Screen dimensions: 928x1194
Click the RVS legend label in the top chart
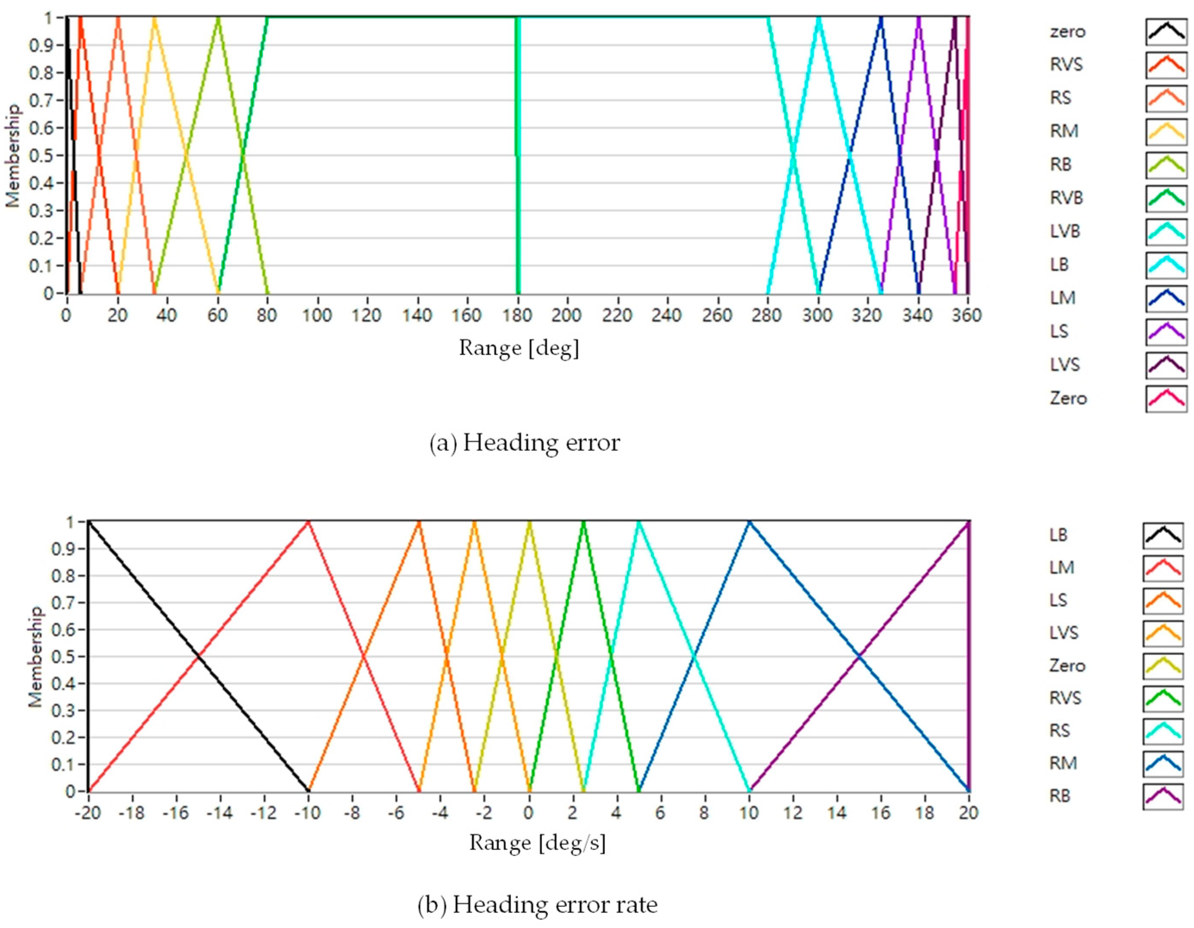(1066, 65)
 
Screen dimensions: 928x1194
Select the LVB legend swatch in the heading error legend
(1166, 231)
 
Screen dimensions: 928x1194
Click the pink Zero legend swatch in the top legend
(1166, 398)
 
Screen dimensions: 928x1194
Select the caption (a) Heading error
(524, 443)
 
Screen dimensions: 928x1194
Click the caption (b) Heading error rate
(537, 904)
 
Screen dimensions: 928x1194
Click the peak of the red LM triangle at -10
(308, 522)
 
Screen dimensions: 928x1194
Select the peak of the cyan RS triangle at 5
(638, 522)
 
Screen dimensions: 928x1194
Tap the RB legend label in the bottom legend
(1059, 796)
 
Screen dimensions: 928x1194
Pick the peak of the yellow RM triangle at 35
(154, 19)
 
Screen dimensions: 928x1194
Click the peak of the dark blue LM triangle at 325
(881, 19)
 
